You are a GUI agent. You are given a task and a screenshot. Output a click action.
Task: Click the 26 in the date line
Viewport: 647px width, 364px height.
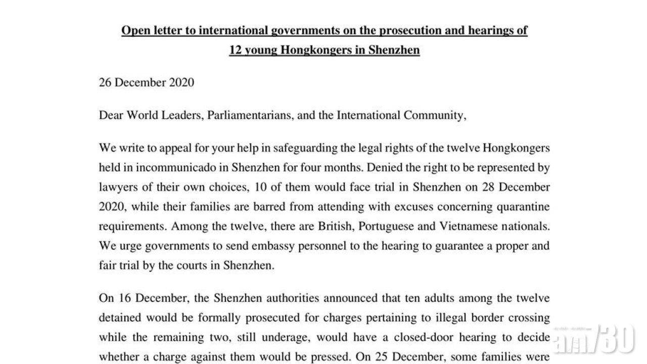(x=105, y=82)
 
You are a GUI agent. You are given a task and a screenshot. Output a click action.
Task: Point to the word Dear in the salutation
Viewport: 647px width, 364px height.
(x=111, y=115)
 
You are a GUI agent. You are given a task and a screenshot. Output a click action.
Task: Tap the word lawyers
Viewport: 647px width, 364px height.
(x=118, y=187)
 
